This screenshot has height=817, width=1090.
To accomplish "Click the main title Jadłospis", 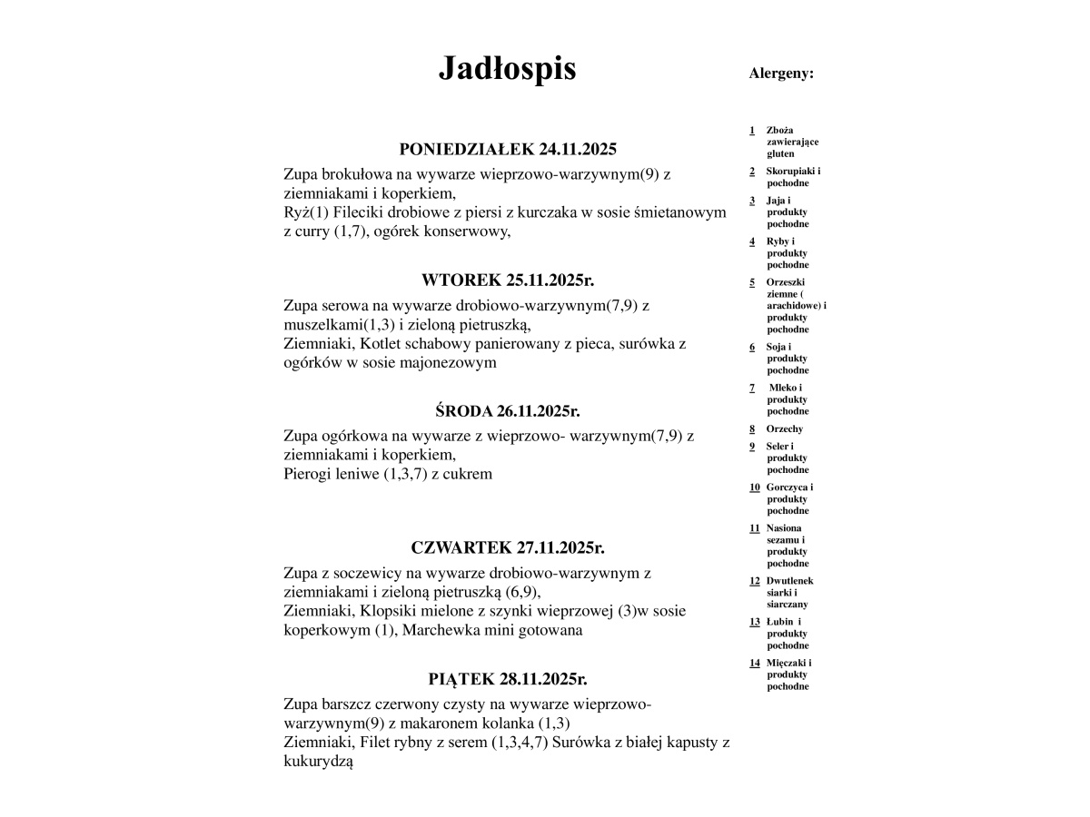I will pyautogui.click(x=507, y=69).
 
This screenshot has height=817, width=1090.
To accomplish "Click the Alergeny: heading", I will pyautogui.click(x=781, y=74).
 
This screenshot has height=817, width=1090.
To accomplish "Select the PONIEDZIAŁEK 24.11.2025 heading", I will pyautogui.click(x=507, y=149).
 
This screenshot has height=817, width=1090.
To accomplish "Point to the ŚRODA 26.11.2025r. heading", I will pyautogui.click(x=507, y=410).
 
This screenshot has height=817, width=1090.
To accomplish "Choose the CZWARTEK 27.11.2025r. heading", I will pyautogui.click(x=507, y=547).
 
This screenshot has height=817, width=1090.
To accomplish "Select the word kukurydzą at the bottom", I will pyautogui.click(x=318, y=762).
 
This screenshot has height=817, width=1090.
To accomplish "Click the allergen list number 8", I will pyautogui.click(x=752, y=428).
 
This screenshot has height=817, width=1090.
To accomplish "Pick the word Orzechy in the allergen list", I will pyautogui.click(x=785, y=428).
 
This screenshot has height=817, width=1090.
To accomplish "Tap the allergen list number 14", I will pyautogui.click(x=754, y=663).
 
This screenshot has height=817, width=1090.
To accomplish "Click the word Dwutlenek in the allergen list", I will pyautogui.click(x=789, y=580).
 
